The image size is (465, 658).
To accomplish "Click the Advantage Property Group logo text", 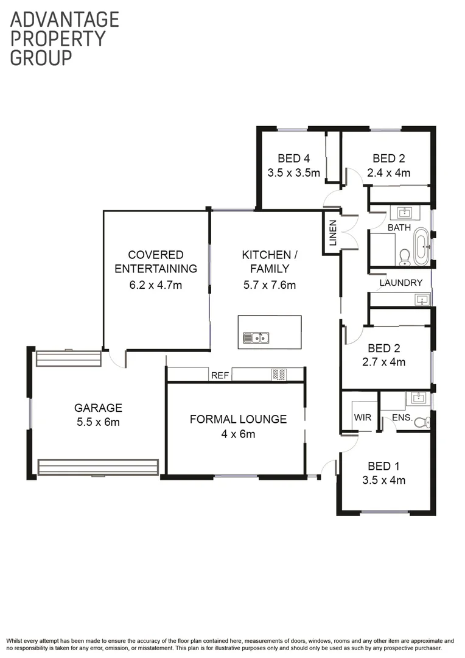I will (65, 38).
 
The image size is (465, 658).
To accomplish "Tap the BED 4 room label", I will (293, 158).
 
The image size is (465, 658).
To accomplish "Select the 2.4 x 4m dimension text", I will (389, 172).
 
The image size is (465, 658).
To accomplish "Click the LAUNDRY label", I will (400, 283).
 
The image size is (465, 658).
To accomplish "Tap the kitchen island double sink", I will (256, 337).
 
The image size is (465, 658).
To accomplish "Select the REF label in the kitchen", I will (220, 375).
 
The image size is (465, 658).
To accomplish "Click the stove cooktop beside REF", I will (279, 375).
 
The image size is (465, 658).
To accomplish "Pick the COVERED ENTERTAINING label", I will (156, 261).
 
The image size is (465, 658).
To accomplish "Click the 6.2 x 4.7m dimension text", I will (156, 284).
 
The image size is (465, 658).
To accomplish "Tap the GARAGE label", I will (98, 408).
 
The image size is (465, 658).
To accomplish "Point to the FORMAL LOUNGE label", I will (238, 419).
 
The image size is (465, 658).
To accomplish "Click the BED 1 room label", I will (384, 466).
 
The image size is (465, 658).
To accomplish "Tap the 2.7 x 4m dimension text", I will (386, 362).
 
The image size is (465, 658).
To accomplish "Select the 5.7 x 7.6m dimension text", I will (269, 284).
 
